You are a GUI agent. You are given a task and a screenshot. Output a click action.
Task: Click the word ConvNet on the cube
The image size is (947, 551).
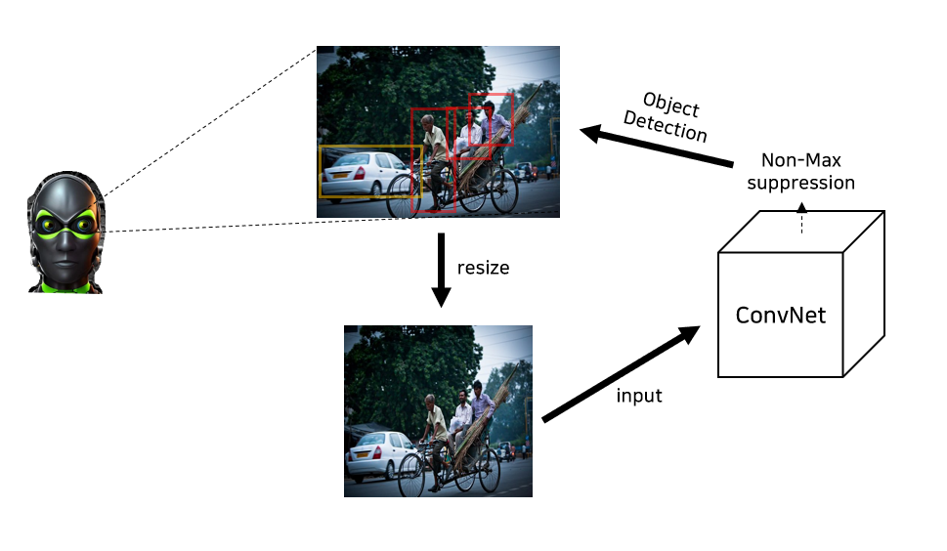(x=780, y=316)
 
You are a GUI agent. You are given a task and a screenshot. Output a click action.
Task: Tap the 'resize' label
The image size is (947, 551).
(x=483, y=267)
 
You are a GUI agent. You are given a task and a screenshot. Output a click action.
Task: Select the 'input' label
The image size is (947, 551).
(x=639, y=396)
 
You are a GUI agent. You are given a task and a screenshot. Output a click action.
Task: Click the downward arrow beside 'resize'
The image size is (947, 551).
(x=441, y=269)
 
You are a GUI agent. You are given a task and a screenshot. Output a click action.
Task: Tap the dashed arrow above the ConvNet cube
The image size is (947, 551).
(x=801, y=219)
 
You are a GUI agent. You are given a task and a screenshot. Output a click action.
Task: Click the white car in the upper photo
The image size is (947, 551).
(x=360, y=177)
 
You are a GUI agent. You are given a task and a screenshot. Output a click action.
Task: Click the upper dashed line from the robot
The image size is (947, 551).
(x=210, y=121)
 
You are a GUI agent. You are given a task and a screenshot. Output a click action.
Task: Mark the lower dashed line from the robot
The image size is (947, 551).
(x=254, y=225)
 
